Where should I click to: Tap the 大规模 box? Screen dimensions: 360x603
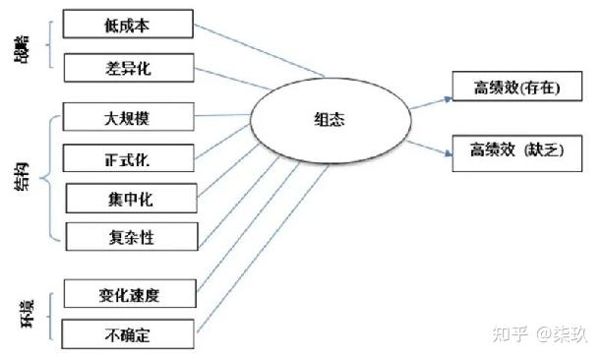[x=129, y=119]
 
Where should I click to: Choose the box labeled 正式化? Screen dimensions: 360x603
[x=129, y=157]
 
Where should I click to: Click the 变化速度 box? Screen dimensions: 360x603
[x=129, y=293]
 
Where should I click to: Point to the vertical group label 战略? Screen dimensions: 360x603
[x=22, y=46]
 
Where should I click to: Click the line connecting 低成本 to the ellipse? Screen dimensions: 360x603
[x=261, y=49]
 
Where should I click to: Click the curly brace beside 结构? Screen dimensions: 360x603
[x=49, y=177]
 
